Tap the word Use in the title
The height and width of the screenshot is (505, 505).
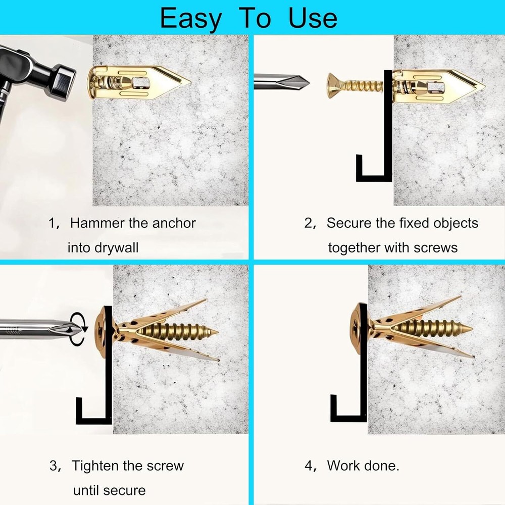[313, 18]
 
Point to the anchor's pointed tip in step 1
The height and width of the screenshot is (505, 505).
[190, 82]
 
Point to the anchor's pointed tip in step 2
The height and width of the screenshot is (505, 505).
[484, 86]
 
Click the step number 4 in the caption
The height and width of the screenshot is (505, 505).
[309, 466]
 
